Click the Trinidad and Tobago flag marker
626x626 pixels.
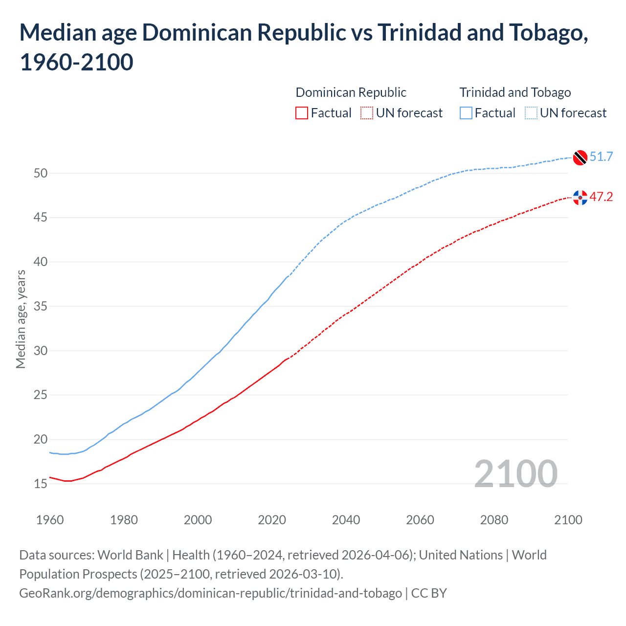tap(580, 157)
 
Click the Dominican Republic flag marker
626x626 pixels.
tap(580, 198)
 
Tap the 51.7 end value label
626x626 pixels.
tap(601, 156)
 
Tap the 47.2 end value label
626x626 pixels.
tap(601, 197)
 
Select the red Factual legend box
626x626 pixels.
tap(302, 113)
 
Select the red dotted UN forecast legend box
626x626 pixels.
tap(367, 113)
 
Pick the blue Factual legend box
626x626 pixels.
tap(466, 113)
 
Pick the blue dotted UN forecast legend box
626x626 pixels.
tap(531, 113)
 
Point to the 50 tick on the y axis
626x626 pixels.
tap(41, 173)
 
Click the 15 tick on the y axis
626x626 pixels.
tap(41, 484)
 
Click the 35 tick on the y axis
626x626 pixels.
tap(41, 306)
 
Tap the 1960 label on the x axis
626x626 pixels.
tap(50, 519)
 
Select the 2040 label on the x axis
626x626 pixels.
tap(346, 519)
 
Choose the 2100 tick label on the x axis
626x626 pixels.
tap(568, 519)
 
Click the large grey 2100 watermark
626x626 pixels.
tap(515, 473)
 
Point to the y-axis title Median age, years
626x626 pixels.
tap(21, 319)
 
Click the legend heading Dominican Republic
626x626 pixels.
tap(351, 92)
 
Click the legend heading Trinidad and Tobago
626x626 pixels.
tap(515, 92)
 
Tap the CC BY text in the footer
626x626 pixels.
tap(429, 593)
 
